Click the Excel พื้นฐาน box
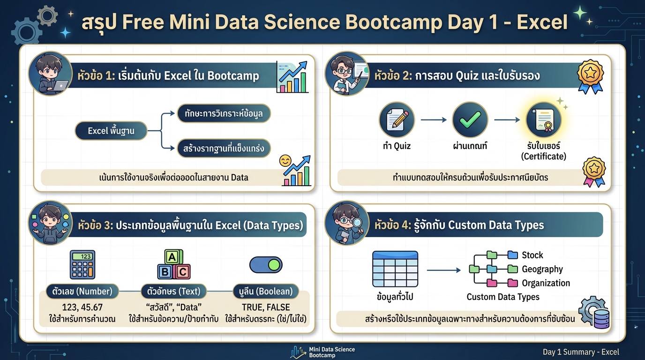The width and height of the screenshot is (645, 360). point(111,131)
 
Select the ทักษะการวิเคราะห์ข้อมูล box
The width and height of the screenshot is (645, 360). point(224,113)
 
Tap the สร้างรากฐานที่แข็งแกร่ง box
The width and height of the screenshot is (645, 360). point(224,149)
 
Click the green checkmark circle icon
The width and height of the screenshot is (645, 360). point(470,120)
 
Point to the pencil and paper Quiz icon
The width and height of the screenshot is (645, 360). point(397,120)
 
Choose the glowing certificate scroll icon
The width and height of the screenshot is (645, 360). point(544,120)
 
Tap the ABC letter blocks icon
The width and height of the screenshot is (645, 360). point(173,265)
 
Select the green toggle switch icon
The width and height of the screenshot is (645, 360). point(265,265)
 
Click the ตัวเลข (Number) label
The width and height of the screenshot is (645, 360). point(82,291)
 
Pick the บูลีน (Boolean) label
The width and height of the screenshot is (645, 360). point(265,291)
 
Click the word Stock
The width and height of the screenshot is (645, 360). point(532,255)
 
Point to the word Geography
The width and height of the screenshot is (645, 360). point(542,269)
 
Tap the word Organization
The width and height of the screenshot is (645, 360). point(546,283)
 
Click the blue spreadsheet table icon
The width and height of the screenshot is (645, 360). point(395,269)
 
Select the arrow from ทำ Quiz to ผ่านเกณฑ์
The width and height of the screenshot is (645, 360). point(434,120)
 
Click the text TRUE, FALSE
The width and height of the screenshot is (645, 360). point(266,307)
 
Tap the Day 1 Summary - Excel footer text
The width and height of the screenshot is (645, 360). point(581,352)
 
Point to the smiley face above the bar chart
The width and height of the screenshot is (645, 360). point(285,161)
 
